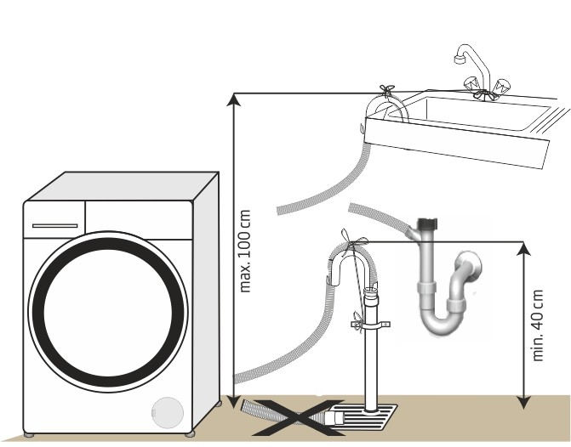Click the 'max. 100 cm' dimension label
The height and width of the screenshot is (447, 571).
click(245, 251)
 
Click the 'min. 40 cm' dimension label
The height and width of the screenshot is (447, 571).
click(538, 325)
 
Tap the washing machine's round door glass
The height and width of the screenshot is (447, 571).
click(108, 312)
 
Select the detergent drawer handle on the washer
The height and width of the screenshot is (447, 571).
click(55, 226)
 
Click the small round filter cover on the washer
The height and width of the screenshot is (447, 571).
click(168, 413)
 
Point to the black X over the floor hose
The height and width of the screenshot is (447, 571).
click(298, 417)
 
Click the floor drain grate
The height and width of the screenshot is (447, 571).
click(366, 416)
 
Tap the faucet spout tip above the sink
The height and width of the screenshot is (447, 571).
click(460, 59)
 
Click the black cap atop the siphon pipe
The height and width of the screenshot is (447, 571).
click(427, 223)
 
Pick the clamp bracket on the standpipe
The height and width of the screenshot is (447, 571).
click(371, 325)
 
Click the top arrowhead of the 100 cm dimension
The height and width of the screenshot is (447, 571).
click(233, 99)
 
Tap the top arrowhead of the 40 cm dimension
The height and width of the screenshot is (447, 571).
click(523, 248)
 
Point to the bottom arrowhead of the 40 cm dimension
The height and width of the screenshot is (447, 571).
click(523, 403)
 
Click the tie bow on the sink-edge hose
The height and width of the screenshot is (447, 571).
click(386, 90)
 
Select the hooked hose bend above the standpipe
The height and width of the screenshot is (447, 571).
click(351, 260)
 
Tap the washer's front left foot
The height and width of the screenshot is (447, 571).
click(29, 435)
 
